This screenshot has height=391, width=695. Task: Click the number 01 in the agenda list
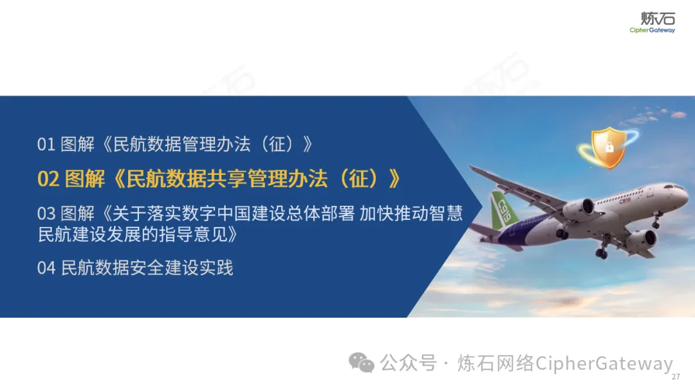tap(46, 144)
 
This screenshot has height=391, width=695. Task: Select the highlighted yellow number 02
tap(48, 179)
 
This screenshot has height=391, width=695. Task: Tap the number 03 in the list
tap(46, 214)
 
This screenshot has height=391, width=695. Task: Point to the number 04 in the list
tap(46, 268)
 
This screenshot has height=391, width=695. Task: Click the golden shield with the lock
tap(609, 148)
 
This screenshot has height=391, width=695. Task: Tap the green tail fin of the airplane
tap(503, 210)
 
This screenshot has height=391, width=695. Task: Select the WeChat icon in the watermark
tap(361, 363)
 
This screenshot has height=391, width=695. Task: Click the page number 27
tap(676, 377)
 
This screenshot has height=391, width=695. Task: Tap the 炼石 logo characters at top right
tap(658, 19)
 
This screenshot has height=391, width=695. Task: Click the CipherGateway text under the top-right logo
tap(652, 30)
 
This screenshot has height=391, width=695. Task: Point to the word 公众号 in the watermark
tap(408, 363)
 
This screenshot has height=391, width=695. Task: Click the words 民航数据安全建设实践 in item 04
tap(147, 268)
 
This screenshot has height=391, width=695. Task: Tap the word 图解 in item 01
tap(78, 144)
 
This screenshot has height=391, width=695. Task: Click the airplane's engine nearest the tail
tap(580, 208)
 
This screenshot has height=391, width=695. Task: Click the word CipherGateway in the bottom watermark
tap(604, 363)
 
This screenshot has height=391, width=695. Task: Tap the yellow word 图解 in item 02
tap(85, 179)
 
